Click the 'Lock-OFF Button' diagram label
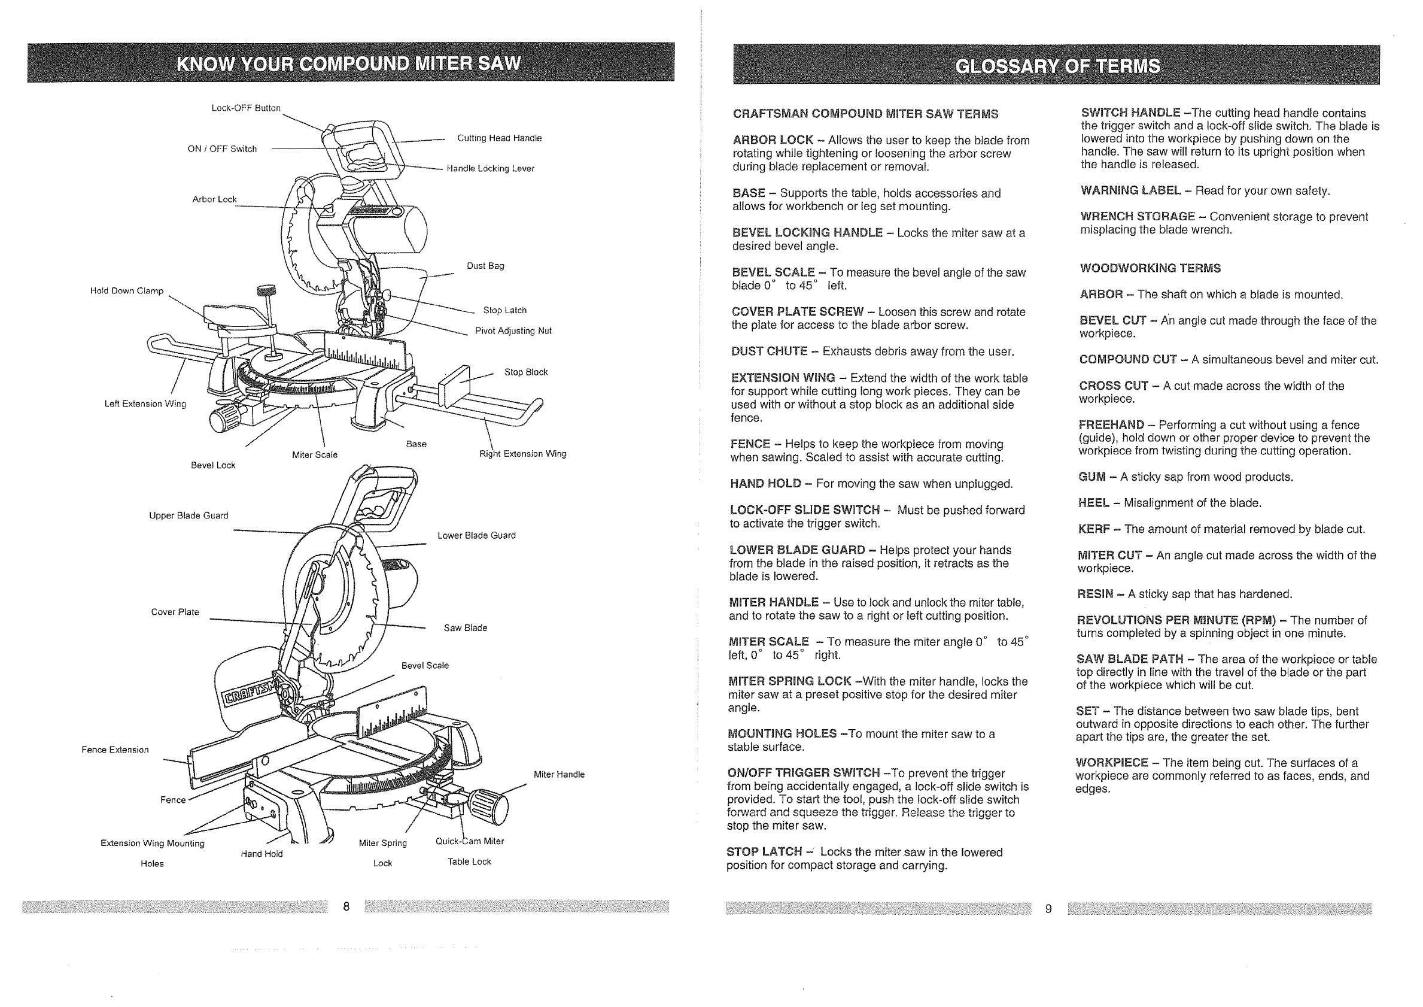point(246,108)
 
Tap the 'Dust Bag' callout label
point(485,266)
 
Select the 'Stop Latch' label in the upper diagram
point(504,310)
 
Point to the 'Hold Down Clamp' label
point(127,291)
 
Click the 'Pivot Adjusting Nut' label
point(513,331)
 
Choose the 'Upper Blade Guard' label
point(188,515)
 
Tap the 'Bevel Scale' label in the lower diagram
point(424,665)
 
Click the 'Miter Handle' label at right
point(559,775)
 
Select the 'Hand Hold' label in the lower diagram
point(262,854)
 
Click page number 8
point(346,906)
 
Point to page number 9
point(1048,909)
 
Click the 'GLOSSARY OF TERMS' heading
point(1057,66)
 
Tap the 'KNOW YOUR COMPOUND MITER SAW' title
point(349,63)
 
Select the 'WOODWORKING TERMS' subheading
point(1150,268)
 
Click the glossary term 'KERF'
point(1094,529)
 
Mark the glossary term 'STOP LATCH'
point(764,852)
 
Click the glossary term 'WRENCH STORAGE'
point(1138,216)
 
